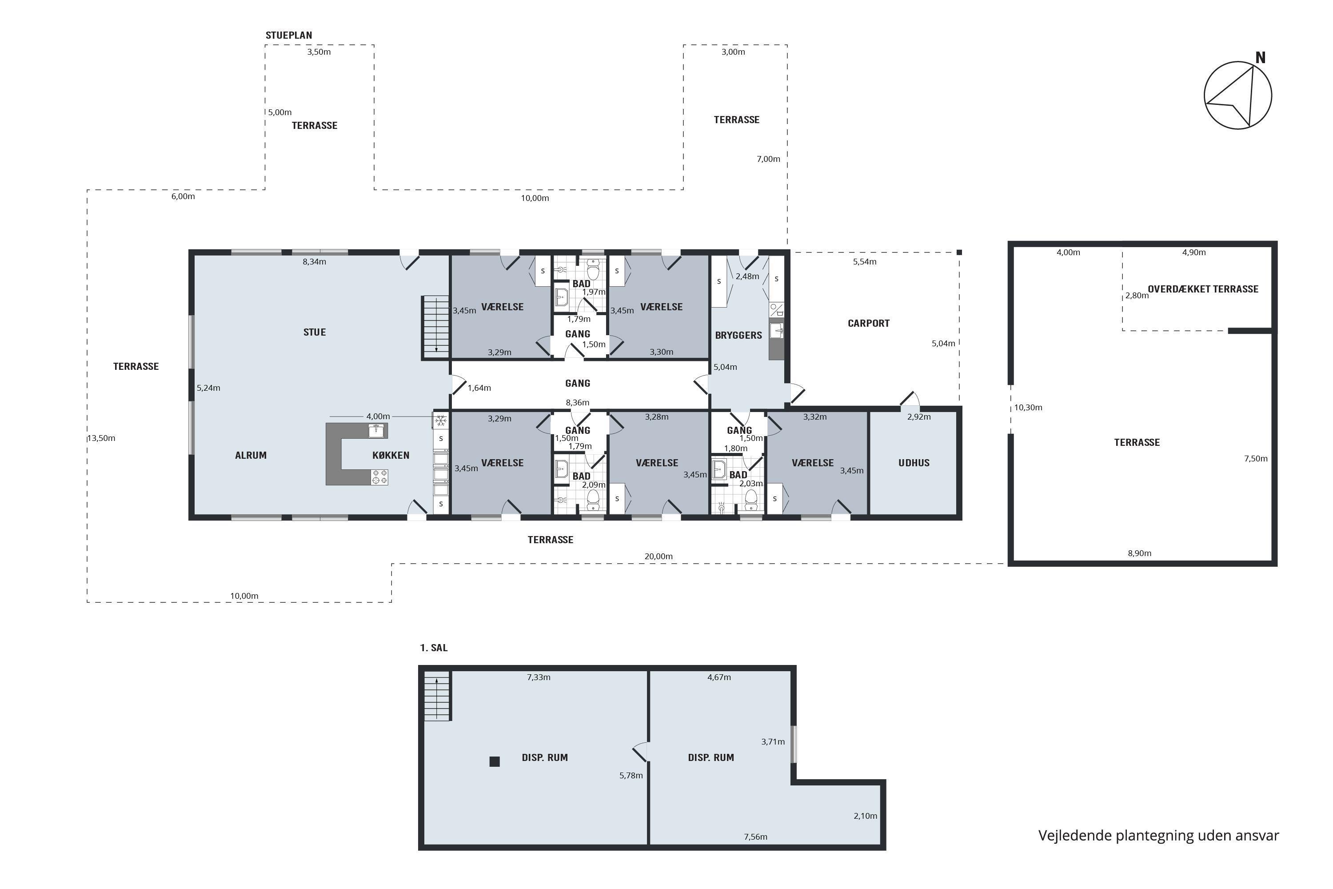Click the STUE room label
click(315, 332)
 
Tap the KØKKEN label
click(391, 455)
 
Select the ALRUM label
click(251, 455)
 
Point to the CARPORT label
click(868, 323)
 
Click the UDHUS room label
click(914, 463)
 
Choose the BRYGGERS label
click(738, 335)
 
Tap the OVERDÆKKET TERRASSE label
click(1203, 289)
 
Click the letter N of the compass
click(1261, 58)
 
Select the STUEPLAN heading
click(288, 35)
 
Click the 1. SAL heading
click(434, 648)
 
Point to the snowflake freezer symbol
click(440, 420)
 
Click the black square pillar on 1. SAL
click(494, 761)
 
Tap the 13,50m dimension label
click(101, 438)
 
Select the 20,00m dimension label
click(659, 556)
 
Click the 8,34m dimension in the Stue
click(315, 262)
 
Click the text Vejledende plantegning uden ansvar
click(1158, 836)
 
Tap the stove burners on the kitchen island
click(379, 477)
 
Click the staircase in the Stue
click(436, 327)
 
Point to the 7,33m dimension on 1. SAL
click(539, 677)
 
